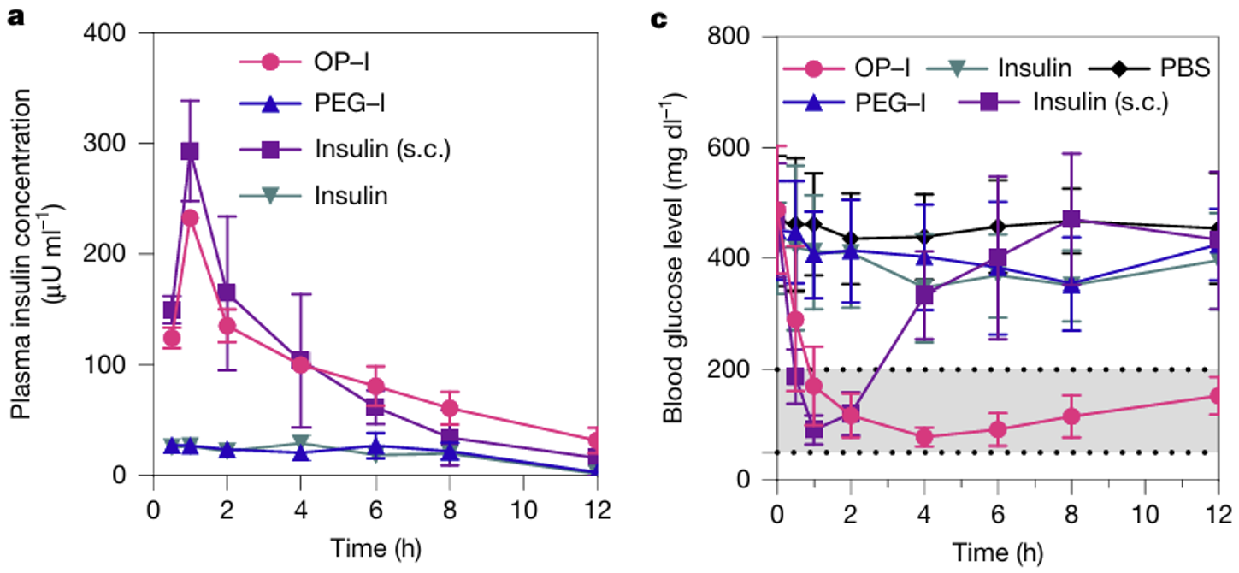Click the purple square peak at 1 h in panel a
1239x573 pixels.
[190, 151]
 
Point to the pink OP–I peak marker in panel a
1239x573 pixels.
[190, 218]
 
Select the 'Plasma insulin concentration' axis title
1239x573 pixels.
[34, 253]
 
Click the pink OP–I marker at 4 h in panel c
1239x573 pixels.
[923, 437]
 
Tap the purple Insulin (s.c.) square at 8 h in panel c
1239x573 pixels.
[1071, 219]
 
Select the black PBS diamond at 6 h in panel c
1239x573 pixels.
[997, 227]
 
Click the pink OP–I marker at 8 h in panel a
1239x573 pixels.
[450, 408]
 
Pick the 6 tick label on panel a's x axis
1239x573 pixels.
[375, 505]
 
